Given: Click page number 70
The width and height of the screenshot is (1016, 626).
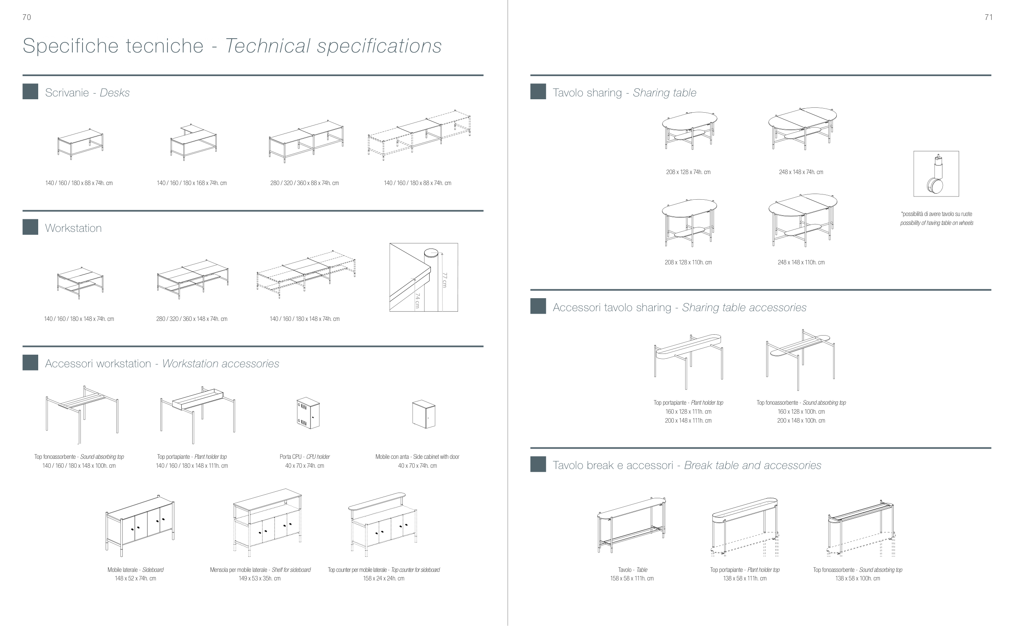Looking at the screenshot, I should point(26,17).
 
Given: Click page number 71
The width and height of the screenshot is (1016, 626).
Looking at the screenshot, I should point(988,17).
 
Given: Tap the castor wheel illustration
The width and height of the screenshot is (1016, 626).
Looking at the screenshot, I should point(936,174).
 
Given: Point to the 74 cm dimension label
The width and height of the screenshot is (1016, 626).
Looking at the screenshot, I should point(417,301).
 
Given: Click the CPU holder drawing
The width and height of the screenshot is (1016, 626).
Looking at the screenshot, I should point(308,414).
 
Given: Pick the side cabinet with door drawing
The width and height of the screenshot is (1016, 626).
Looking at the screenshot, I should point(423,414).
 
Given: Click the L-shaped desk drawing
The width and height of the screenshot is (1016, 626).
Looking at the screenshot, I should point(193,142).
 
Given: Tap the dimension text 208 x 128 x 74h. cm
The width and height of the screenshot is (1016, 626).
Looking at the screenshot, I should point(688,172).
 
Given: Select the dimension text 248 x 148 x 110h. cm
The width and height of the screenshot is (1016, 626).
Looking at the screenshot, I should point(801,262).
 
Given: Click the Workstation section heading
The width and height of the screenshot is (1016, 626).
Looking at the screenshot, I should point(73,228).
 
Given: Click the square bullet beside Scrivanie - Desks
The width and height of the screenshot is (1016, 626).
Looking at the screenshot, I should point(30,92).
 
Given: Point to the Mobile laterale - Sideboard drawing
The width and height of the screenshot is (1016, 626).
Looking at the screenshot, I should point(139,525).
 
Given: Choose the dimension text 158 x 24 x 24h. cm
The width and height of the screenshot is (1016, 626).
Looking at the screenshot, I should point(384,578).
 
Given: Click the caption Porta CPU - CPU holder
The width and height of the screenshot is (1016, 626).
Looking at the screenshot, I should point(304,457).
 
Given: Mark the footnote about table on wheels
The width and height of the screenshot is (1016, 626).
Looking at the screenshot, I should point(937,218).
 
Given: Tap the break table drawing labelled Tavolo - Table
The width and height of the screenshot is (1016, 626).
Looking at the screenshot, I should point(632,525).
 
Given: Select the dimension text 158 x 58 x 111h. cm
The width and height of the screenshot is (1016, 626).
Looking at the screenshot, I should point(632,578).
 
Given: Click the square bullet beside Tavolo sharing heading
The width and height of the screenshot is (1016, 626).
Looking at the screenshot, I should point(538,92).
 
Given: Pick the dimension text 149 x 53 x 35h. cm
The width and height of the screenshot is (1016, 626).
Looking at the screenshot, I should point(259,578).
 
